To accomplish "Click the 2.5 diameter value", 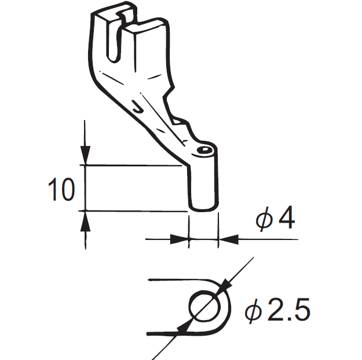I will [x=288, y=311].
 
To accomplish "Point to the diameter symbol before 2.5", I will [x=253, y=312].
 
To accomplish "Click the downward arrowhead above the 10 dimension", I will [x=85, y=156].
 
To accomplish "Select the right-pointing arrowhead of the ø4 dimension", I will [x=181, y=238].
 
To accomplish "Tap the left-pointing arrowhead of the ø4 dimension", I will [x=226, y=238].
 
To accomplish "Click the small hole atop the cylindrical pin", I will [x=203, y=150].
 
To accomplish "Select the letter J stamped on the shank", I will [x=137, y=106].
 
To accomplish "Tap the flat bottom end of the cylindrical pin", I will [x=203, y=207].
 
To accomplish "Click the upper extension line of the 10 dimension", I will [x=133, y=165].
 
